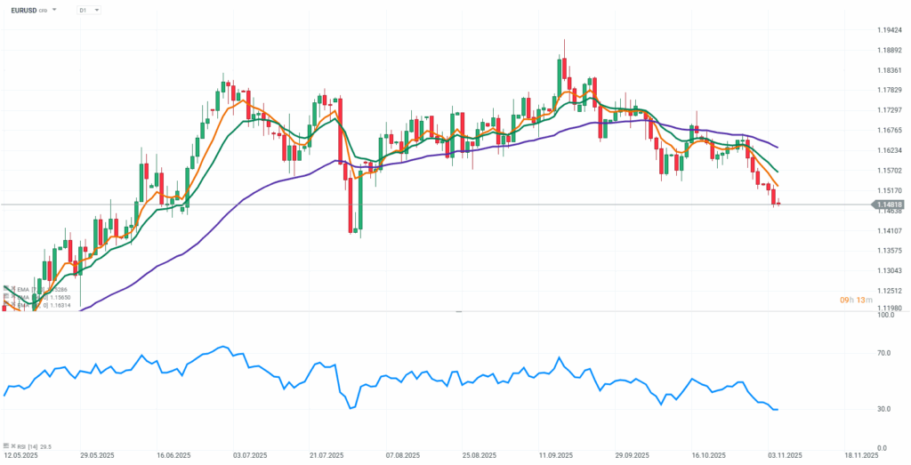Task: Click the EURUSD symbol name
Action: pos(24,10)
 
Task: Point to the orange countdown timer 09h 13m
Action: pos(857,301)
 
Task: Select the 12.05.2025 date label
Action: pos(20,455)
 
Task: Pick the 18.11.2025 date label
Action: pos(862,455)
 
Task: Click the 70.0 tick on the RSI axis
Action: pos(885,353)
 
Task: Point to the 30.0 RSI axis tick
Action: pos(885,409)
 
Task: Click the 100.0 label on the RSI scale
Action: pos(885,315)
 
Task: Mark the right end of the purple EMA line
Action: pos(778,148)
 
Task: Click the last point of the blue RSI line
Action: pos(778,409)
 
